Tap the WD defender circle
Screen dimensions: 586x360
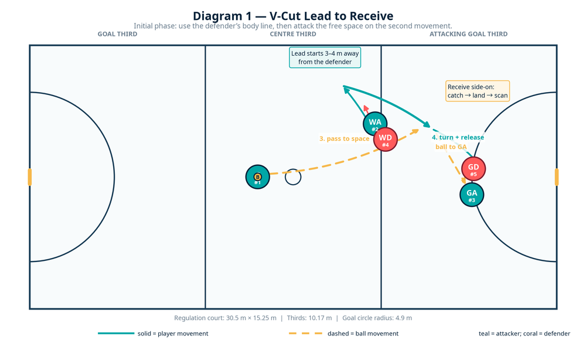[386, 140]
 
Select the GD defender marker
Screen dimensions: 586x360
[473, 169]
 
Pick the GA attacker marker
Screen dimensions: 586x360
[472, 195]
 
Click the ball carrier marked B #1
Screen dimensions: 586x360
[257, 177]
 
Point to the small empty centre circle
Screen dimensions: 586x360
[293, 177]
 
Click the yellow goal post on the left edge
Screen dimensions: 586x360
[30, 177]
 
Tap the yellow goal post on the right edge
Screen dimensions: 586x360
[557, 177]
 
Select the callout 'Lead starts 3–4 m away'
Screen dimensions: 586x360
[325, 57]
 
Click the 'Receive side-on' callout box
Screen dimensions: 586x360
[478, 91]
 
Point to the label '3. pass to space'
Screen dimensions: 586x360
[344, 139]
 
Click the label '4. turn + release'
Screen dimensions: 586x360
[458, 137]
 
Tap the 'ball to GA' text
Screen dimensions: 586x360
[451, 147]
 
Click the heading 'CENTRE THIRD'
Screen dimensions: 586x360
[293, 34]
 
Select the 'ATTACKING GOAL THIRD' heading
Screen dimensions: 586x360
[468, 34]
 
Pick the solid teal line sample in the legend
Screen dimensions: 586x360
[116, 334]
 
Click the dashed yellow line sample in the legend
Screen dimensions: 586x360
[306, 334]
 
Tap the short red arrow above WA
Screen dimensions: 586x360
[366, 110]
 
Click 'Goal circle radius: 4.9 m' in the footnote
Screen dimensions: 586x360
[377, 318]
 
